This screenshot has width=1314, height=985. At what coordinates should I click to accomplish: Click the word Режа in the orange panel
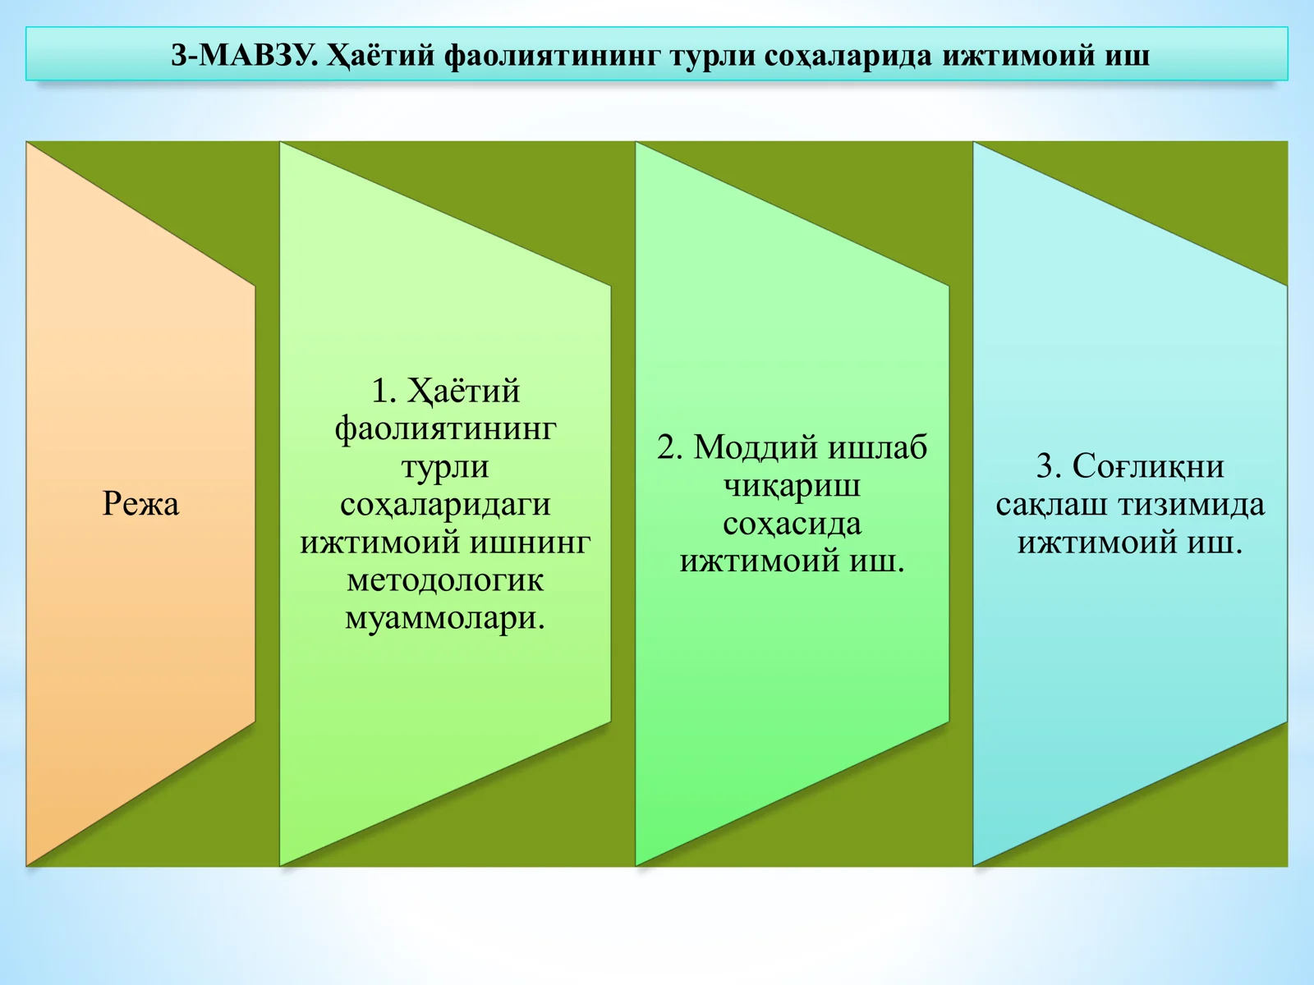140,503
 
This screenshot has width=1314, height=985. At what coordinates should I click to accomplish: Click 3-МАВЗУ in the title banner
244,55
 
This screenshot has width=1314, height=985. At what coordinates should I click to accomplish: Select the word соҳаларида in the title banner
850,55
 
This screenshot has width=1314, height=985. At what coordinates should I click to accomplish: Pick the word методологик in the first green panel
445,580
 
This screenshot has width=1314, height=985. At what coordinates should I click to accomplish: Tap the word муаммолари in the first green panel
442,618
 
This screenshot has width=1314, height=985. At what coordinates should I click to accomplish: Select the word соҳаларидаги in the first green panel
445,504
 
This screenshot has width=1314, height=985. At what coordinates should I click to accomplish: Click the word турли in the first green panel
445,466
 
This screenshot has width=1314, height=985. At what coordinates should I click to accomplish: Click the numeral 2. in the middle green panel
670,447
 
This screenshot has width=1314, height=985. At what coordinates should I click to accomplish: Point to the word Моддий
756,447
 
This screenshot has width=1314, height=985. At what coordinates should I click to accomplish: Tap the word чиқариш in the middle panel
793,485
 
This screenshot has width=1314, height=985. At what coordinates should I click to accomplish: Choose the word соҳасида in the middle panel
793,523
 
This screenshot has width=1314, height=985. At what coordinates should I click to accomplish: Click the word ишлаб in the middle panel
878,447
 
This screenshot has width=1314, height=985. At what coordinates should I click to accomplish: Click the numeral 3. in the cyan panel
1049,466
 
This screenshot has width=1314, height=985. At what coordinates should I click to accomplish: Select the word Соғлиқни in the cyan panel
1148,466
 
